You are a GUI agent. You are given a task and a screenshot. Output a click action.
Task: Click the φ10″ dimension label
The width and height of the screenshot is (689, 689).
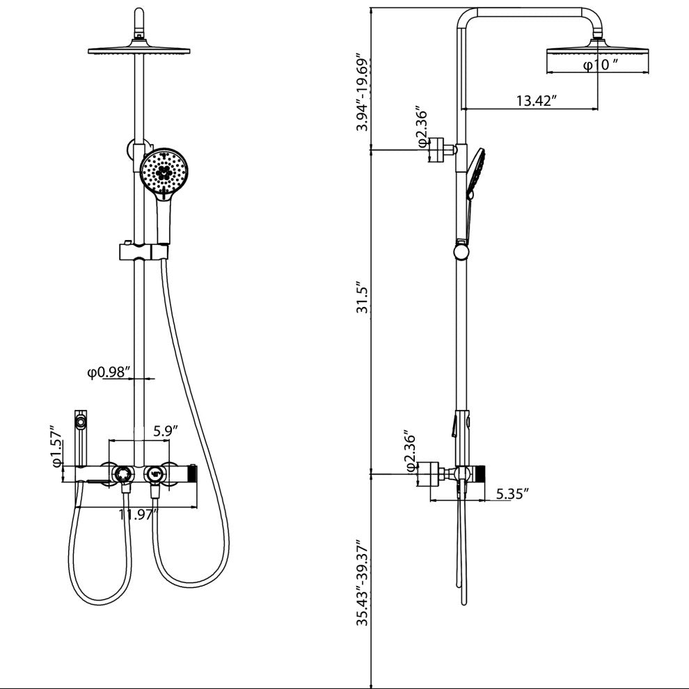[x=601, y=65]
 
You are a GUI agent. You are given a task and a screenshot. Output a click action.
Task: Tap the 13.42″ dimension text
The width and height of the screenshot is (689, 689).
[x=536, y=101]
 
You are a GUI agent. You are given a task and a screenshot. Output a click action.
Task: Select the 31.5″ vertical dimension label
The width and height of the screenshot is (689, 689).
[x=363, y=298]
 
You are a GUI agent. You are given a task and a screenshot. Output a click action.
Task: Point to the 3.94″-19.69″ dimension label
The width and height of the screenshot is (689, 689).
[x=363, y=93]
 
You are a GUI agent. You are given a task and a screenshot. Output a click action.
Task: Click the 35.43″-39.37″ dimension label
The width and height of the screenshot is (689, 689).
[x=363, y=576]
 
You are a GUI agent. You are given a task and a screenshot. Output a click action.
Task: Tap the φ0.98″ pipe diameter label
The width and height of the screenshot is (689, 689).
[x=109, y=372]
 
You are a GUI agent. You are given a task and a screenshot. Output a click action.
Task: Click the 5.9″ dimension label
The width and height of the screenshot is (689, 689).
[x=165, y=431]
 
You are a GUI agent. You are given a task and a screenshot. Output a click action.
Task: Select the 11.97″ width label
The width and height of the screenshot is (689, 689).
[x=138, y=514]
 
